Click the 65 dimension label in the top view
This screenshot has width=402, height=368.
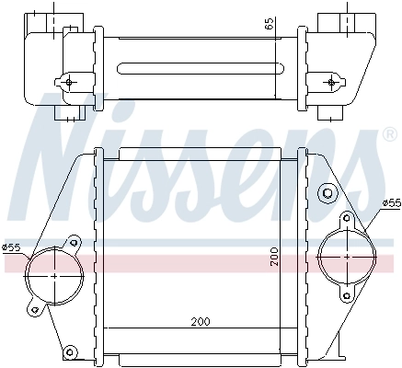(270, 25)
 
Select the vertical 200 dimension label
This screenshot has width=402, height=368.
(272, 257)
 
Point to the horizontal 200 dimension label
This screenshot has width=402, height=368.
(201, 321)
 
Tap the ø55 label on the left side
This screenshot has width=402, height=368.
(11, 247)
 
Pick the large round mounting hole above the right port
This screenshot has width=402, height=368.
(325, 194)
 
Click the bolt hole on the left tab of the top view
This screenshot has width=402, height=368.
(68, 82)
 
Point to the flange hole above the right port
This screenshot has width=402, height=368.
(347, 220)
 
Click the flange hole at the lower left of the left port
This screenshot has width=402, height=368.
(33, 308)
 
